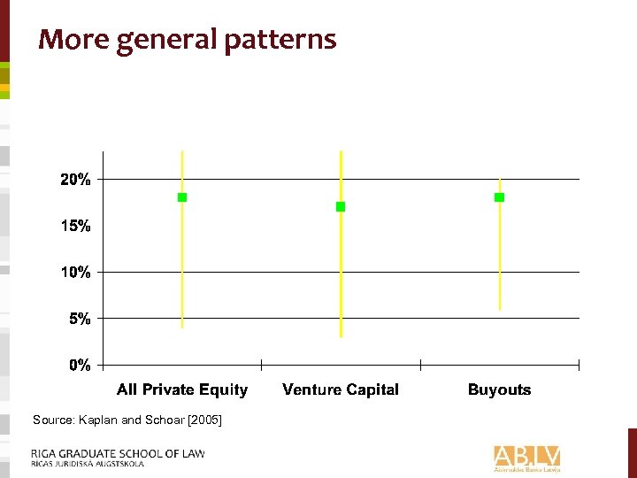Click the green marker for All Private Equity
pos(182,197)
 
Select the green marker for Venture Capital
pos(341,206)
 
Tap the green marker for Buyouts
pos(499,197)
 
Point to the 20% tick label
pos(75,180)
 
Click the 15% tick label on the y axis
pos(75,226)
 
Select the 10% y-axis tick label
pos(75,273)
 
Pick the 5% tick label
pos(80,319)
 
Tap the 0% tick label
pos(80,365)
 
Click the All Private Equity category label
pos(182,389)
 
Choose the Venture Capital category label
pos(341,389)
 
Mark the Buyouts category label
pos(499,389)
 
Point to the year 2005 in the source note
pos(205,420)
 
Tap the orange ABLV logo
pos(527,457)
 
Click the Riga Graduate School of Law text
pos(118,453)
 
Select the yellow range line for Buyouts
pos(500,266)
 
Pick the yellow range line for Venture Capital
pos(341,283)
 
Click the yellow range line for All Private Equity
pos(182,274)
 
